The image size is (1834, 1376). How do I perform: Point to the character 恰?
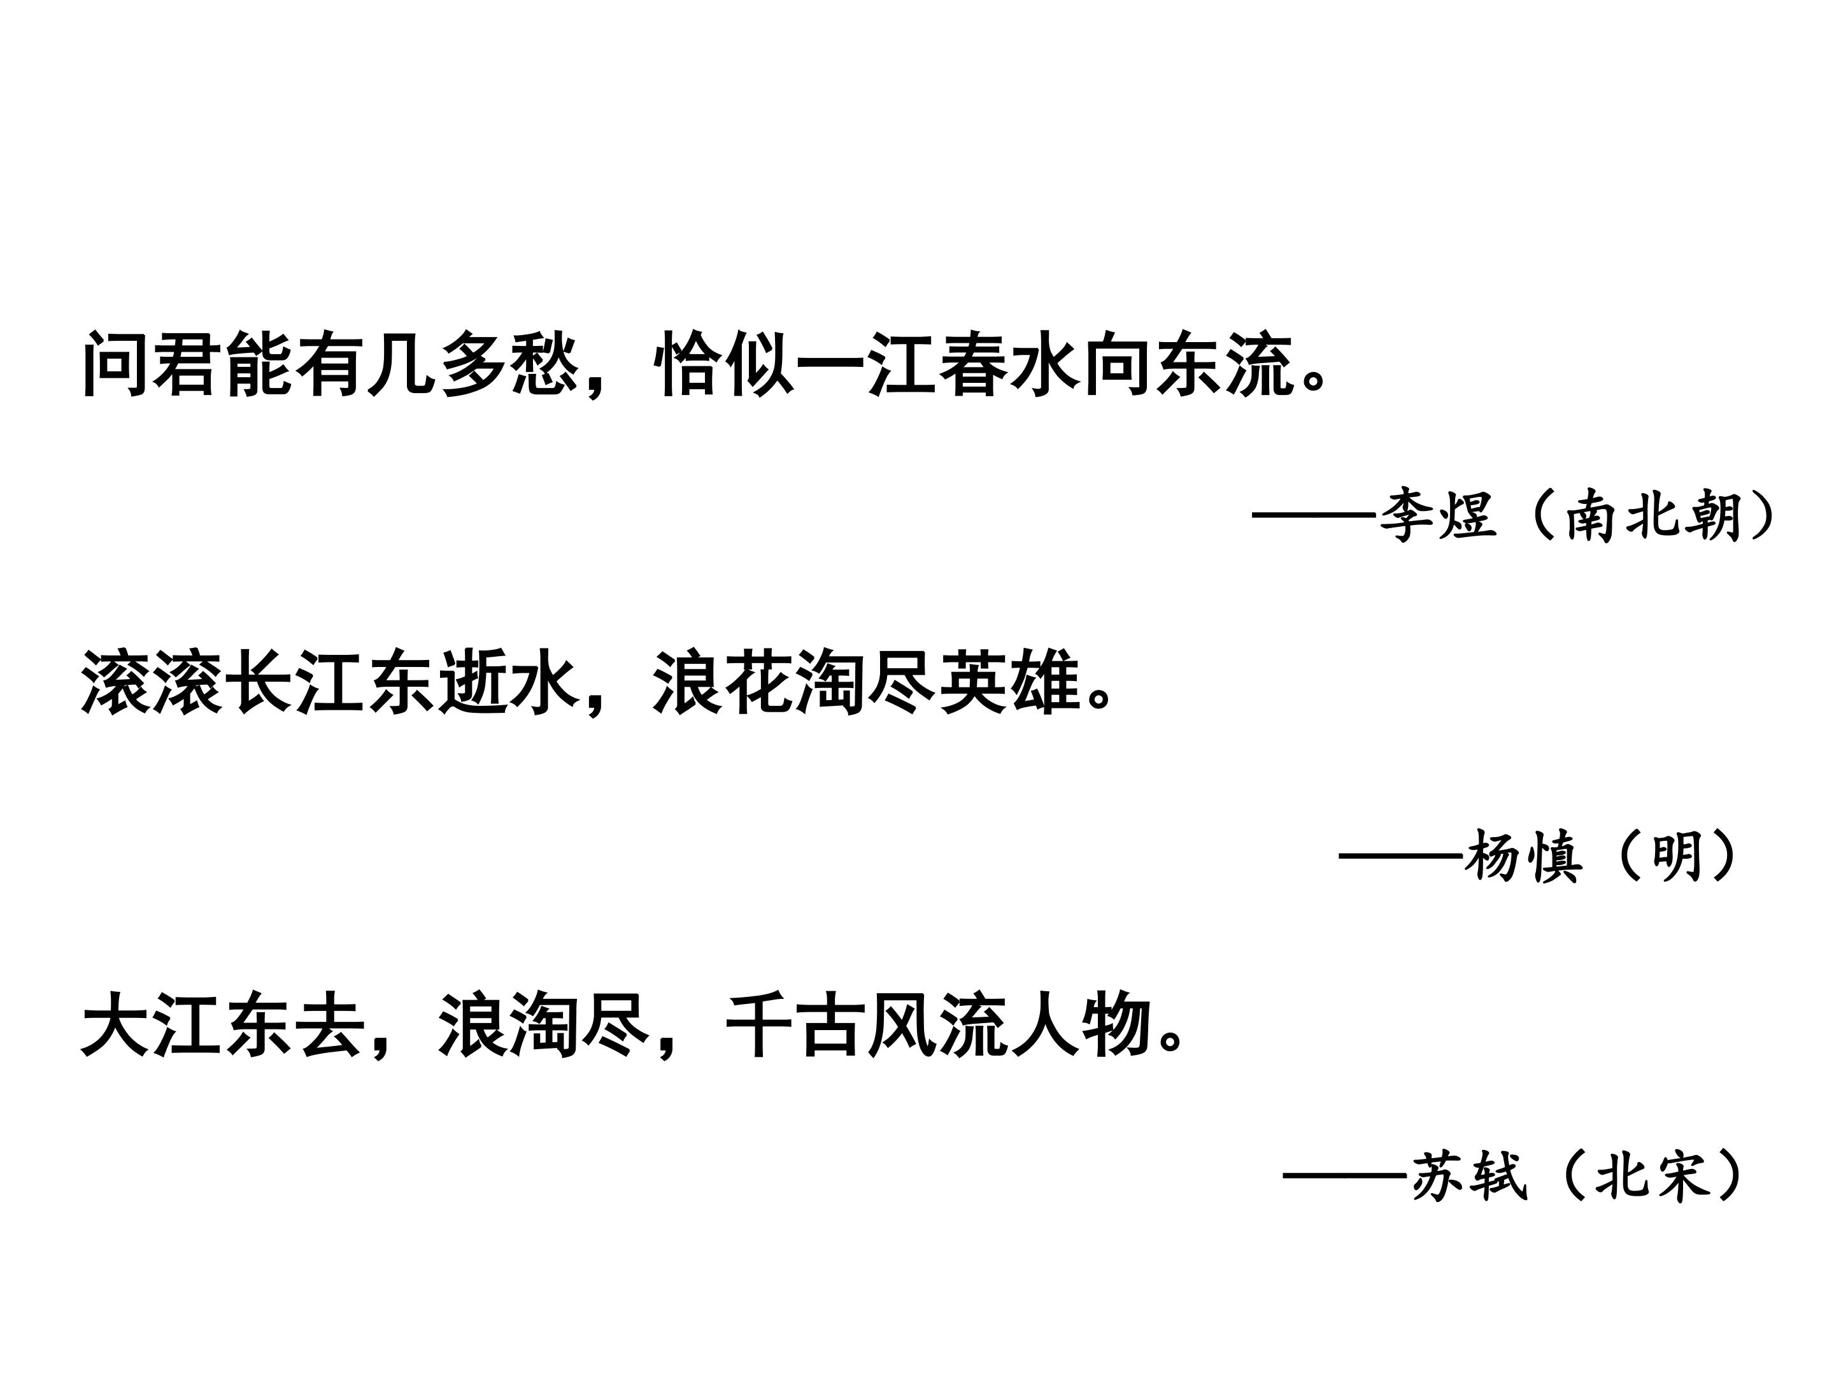pos(687,364)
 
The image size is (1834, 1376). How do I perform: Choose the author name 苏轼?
pos(1469,1176)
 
